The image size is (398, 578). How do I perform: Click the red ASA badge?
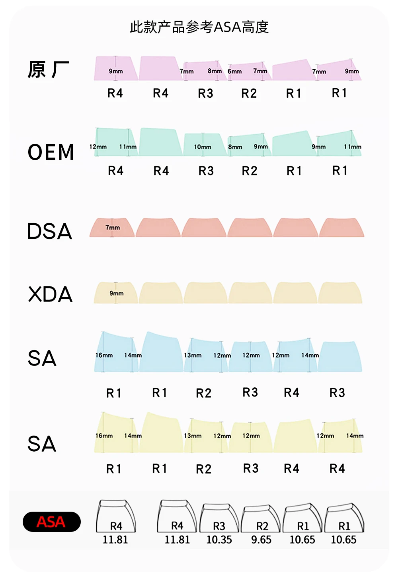51,522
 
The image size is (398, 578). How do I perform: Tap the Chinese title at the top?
199,27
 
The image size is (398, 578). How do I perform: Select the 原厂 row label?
48,70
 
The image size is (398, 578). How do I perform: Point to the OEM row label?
51,152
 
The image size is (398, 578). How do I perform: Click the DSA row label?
50,231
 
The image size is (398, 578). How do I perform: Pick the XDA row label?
51,294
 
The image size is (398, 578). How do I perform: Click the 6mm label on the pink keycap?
234,72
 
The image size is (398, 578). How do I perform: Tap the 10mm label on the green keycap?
203,147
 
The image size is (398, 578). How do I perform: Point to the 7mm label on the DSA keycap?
113,228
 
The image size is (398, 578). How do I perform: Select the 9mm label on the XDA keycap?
117,293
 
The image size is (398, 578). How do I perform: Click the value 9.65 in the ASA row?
261,540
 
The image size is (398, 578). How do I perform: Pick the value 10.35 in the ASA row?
219,540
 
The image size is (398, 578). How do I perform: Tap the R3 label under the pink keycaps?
205,93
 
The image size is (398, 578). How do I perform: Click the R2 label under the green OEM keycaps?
250,171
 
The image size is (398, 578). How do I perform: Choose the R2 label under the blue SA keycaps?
204,393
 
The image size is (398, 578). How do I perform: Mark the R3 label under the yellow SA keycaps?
251,468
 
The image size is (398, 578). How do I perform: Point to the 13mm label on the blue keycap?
193,355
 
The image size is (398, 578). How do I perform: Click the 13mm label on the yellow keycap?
193,436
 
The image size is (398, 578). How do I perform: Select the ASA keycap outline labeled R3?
219,518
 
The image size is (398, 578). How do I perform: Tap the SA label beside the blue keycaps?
42,358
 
